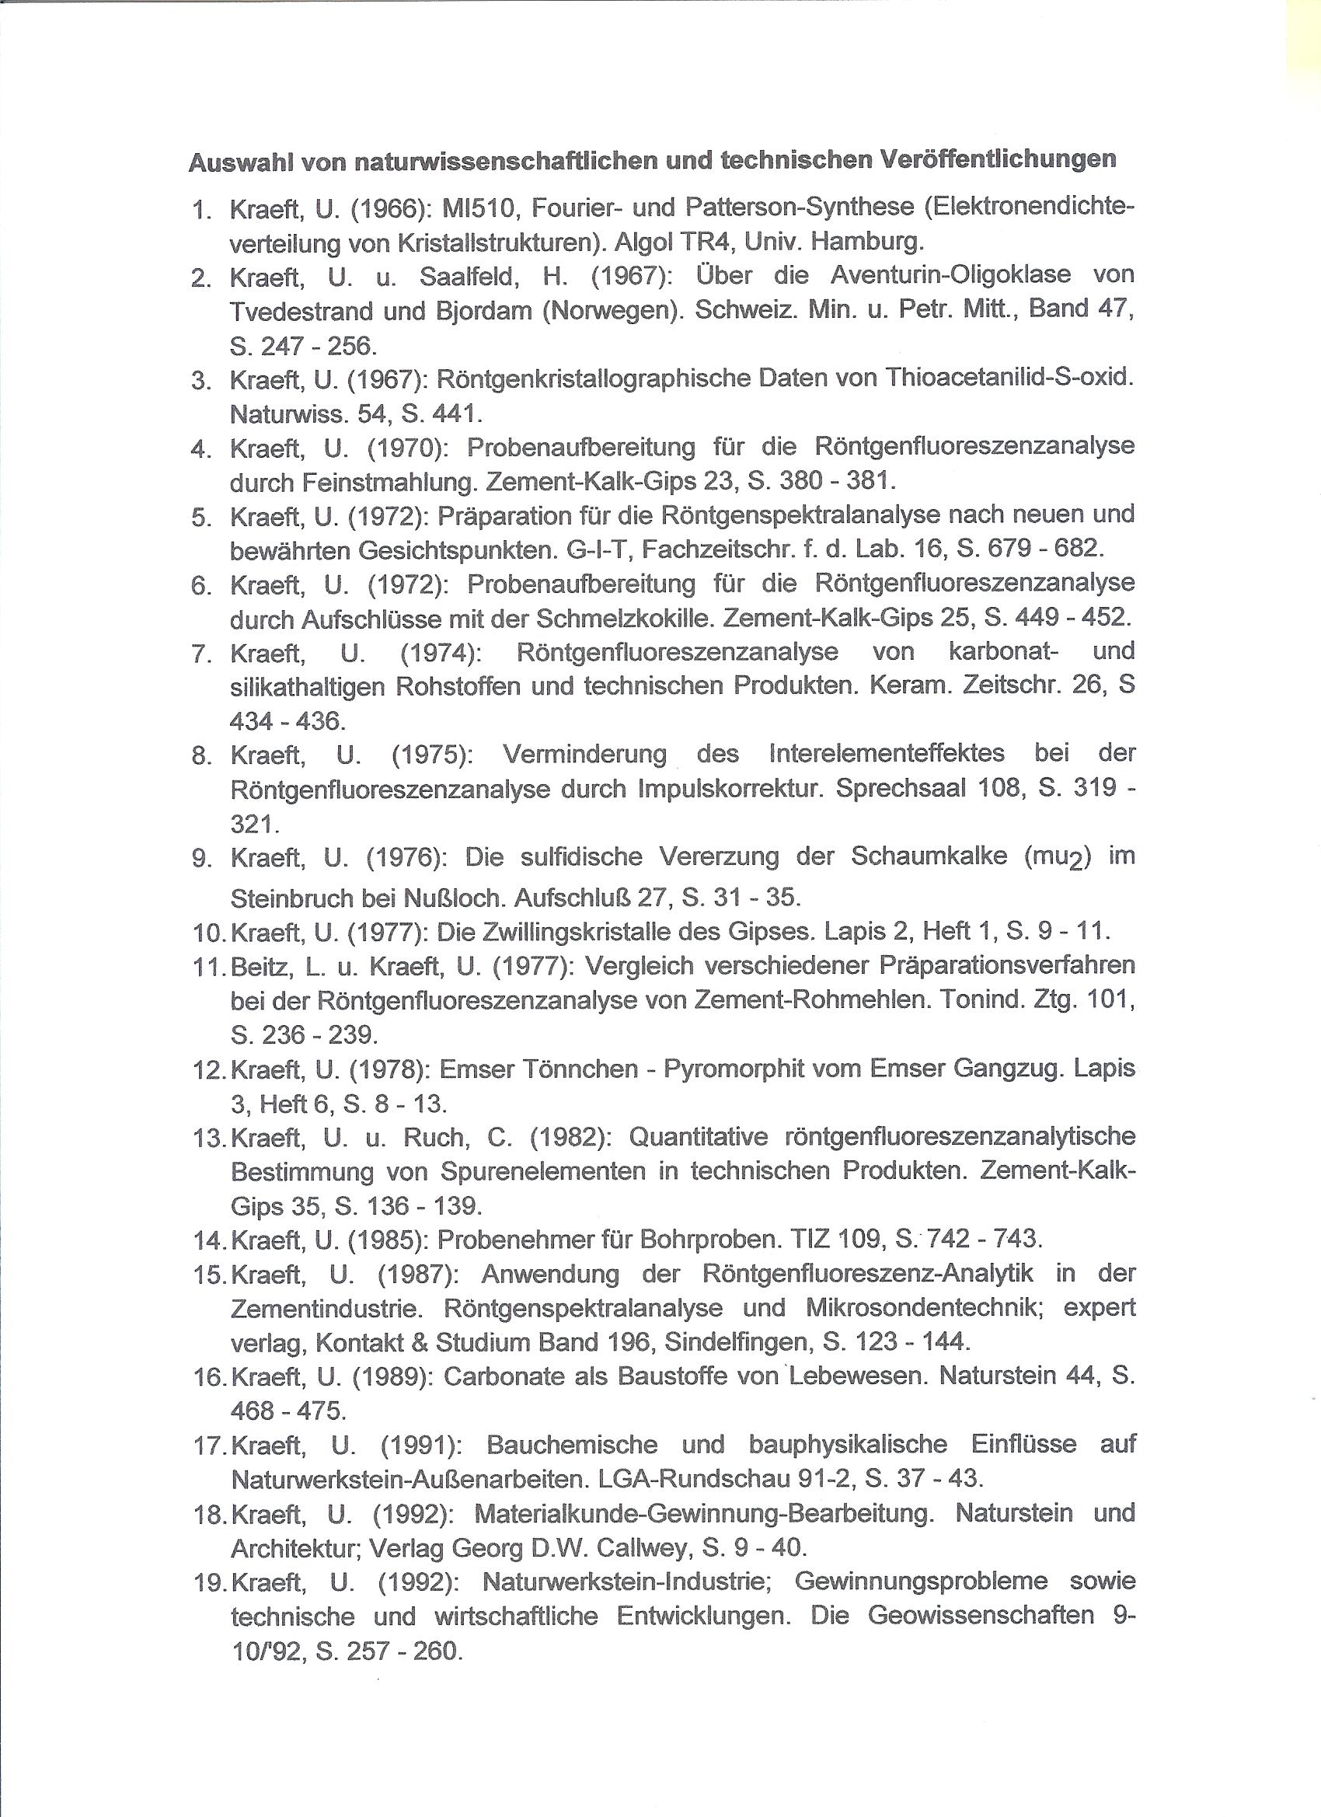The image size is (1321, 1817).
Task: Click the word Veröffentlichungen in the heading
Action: (998, 160)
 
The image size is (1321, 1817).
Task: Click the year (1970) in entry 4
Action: (408, 446)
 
